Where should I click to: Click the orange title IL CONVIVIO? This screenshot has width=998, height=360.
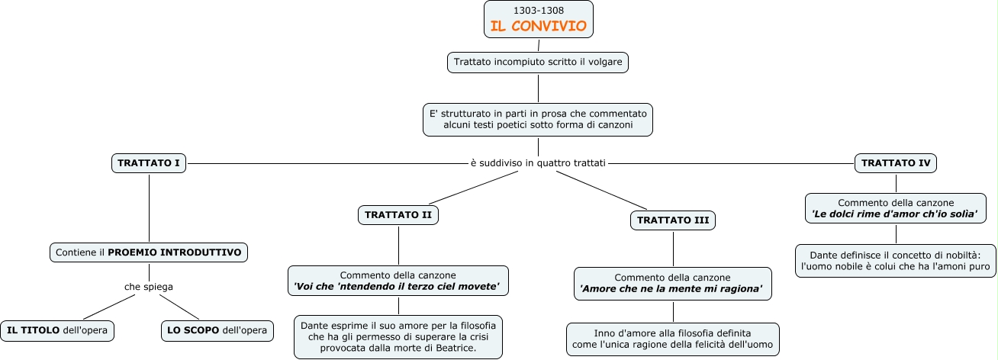point(538,26)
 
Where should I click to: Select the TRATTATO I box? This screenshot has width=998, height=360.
point(149,162)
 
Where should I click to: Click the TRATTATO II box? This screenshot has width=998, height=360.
point(398,215)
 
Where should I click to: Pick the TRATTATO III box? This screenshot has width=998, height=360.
point(673,220)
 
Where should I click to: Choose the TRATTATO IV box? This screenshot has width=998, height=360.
point(895,162)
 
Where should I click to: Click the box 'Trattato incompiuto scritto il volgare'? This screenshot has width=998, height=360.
point(538,63)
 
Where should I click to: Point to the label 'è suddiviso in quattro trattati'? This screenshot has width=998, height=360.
point(538,162)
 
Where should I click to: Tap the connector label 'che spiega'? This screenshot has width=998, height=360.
point(149,287)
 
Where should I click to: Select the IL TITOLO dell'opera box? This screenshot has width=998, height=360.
point(57,330)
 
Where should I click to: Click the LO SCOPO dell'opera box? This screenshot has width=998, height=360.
point(217,330)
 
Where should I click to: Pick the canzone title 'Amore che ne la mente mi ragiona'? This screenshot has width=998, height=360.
point(672,289)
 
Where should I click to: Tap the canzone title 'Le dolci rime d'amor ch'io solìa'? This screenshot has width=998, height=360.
point(895,215)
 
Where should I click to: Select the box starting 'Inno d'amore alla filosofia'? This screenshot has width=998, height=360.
point(673,339)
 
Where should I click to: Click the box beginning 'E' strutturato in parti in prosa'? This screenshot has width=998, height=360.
point(538,119)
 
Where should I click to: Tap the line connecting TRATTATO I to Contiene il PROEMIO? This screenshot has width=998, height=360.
point(149,206)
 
